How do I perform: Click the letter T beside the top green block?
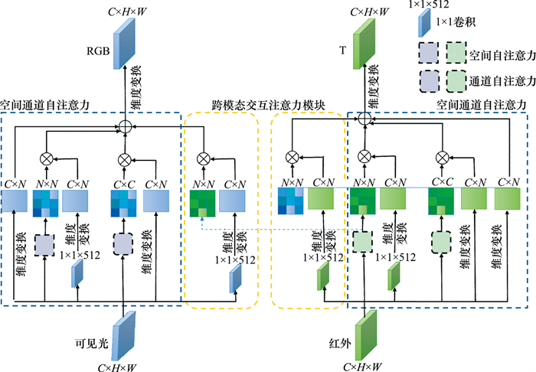[342, 53]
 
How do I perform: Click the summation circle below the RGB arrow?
[123, 124]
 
